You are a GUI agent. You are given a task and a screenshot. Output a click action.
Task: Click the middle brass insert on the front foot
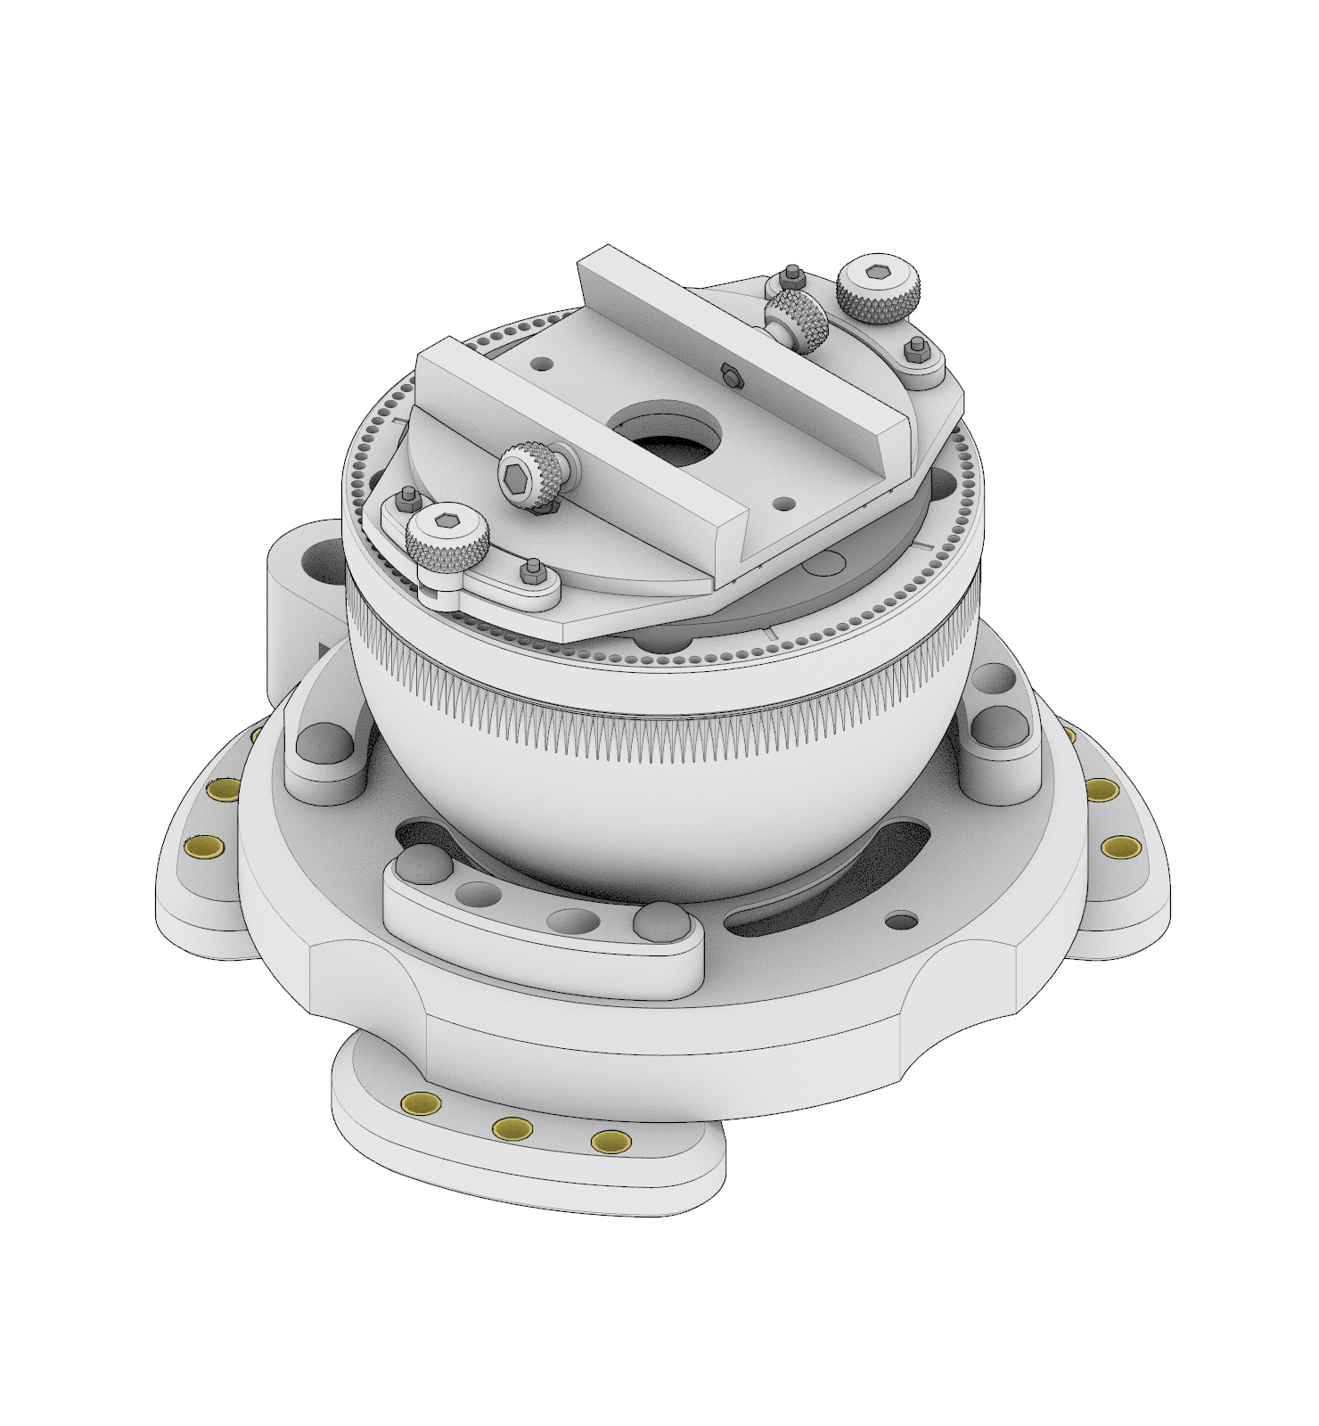pyautogui.click(x=513, y=1128)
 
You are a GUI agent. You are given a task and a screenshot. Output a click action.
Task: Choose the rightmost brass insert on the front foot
pyautogui.click(x=610, y=1142)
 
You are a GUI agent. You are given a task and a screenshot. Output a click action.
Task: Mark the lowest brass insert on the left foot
pyautogui.click(x=204, y=848)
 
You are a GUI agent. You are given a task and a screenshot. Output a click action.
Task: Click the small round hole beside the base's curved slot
pyautogui.click(x=902, y=919)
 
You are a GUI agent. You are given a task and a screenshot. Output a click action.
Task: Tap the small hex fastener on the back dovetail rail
pyautogui.click(x=730, y=376)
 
